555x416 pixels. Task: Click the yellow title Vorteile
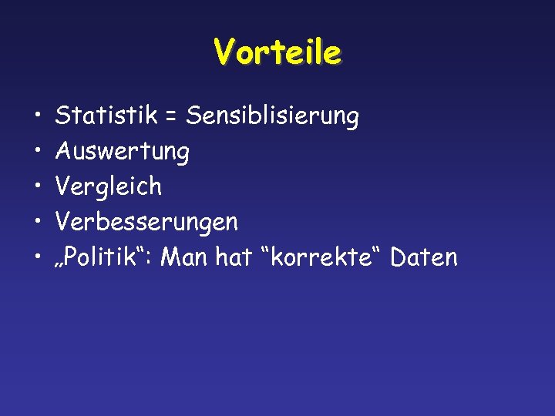[x=277, y=52]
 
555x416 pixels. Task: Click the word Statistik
[x=106, y=116]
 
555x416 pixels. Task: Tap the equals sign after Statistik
[x=170, y=118]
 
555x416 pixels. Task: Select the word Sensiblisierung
[x=273, y=117]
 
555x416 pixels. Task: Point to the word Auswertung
[x=123, y=152]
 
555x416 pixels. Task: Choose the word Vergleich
[x=109, y=186]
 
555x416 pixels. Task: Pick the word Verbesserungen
[x=146, y=223]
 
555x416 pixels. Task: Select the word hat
[x=234, y=257]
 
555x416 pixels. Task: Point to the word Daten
[x=424, y=257]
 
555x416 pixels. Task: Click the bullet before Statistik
[x=38, y=117]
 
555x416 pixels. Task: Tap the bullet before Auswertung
[x=38, y=152]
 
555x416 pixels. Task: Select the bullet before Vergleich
[x=38, y=187]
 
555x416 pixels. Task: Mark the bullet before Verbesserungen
[x=38, y=223]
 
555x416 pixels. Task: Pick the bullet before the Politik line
[x=38, y=258]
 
